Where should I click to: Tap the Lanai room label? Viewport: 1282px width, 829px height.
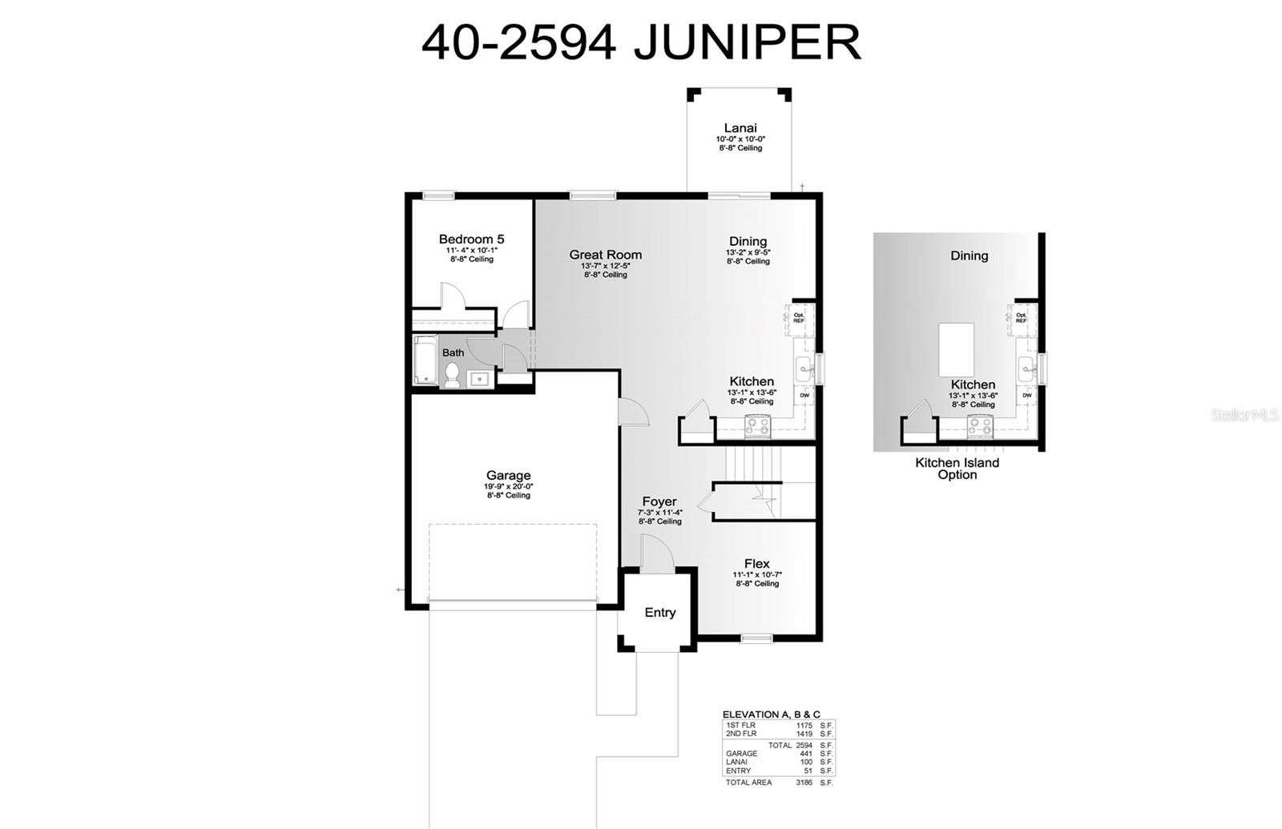(x=740, y=128)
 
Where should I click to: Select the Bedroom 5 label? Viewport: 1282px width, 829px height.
(x=471, y=239)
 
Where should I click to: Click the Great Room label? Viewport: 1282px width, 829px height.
(x=605, y=255)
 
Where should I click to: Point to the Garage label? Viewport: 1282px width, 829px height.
(x=508, y=475)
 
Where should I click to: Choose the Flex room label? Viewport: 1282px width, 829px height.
(x=756, y=563)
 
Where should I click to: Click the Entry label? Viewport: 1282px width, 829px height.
(x=659, y=613)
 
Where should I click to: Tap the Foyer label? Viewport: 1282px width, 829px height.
(x=659, y=502)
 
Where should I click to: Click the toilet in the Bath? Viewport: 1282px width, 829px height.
(x=452, y=375)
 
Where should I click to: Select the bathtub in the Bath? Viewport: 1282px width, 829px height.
(x=425, y=360)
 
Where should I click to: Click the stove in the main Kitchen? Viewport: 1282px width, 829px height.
(x=757, y=427)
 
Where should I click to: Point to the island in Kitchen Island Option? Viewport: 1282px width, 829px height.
(x=956, y=349)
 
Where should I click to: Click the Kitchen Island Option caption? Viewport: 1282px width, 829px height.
(x=957, y=469)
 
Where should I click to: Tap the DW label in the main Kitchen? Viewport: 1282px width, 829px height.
(x=804, y=396)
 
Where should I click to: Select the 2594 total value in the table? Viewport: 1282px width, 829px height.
(x=804, y=745)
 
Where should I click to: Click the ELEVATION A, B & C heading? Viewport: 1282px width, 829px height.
(x=771, y=714)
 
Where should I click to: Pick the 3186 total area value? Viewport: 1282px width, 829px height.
(x=804, y=783)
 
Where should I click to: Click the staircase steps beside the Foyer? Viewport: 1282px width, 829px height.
(x=752, y=462)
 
